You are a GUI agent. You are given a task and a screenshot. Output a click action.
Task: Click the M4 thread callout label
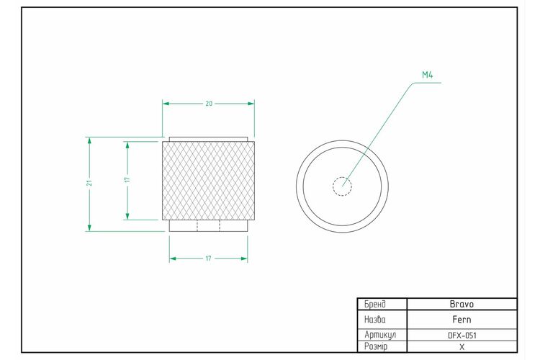[428, 75]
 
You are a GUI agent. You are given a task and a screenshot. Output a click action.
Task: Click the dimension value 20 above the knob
[209, 104]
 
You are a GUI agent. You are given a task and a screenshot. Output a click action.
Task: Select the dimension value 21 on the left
[89, 183]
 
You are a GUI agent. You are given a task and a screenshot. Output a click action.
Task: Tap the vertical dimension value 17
[127, 180]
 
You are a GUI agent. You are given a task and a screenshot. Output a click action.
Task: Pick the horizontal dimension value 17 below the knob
[208, 258]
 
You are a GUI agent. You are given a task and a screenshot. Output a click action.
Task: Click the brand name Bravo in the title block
[462, 304]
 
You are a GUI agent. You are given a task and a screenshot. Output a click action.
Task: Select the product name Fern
[462, 320]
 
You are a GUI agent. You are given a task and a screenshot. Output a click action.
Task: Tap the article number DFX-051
[462, 336]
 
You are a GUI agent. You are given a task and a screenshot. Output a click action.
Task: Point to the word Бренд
[375, 304]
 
